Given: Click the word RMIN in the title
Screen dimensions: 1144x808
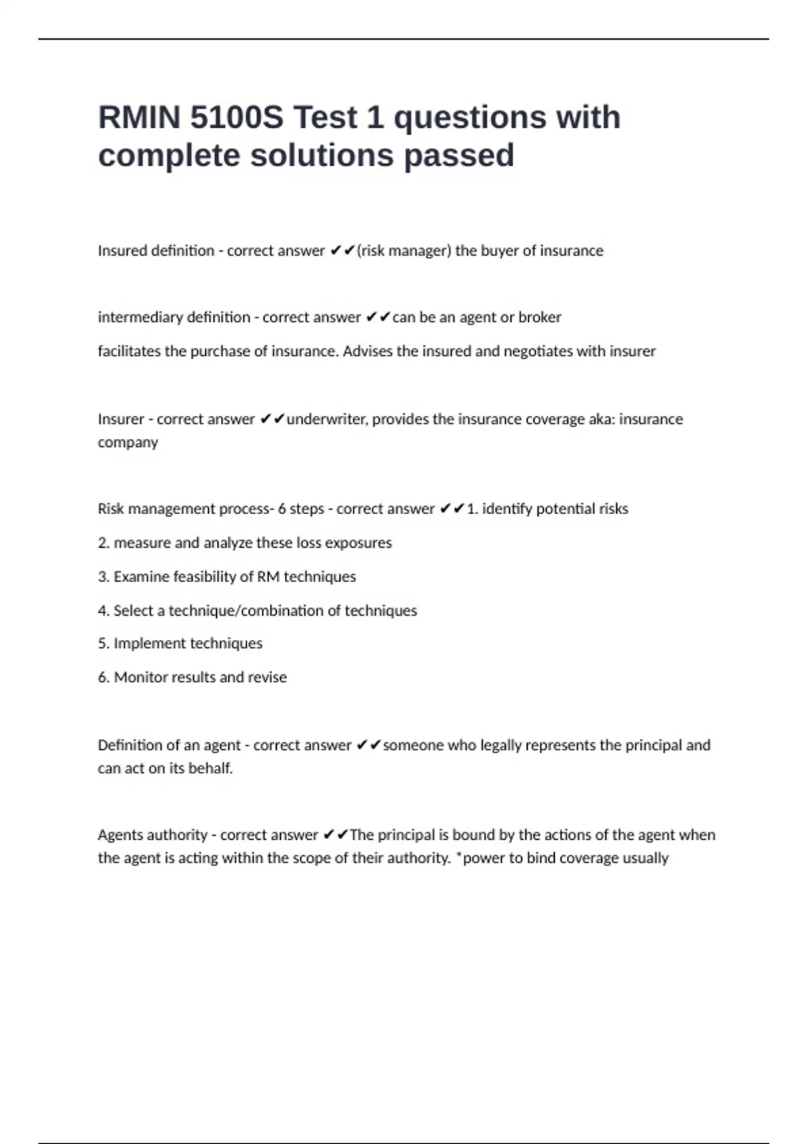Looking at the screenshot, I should click(139, 118).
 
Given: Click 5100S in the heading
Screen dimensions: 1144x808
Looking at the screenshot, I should click(236, 118).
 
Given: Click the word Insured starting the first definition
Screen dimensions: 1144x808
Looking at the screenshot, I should click(122, 251).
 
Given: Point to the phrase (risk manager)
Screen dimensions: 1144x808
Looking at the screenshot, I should click(403, 251).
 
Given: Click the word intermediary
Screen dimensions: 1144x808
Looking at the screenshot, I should click(139, 318).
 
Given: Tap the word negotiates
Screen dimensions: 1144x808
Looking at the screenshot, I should click(538, 351).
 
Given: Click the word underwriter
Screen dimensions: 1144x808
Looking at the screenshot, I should click(327, 419).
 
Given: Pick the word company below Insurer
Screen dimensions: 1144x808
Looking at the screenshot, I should click(128, 443).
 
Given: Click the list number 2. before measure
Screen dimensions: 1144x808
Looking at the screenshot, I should click(104, 543).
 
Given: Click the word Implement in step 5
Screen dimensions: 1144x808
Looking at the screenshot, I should click(145, 644).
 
